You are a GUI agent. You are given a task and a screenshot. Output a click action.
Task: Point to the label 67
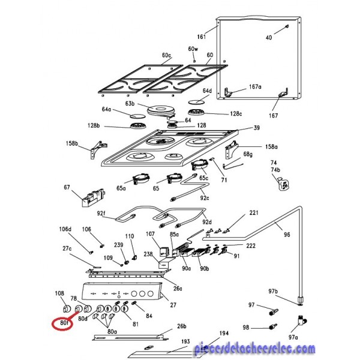pyautogui.click(x=67, y=188)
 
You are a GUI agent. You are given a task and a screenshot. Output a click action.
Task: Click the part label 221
pyautogui.click(x=254, y=213)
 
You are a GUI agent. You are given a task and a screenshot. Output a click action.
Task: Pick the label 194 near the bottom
pyautogui.click(x=223, y=333)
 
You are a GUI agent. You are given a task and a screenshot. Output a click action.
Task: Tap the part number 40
pyautogui.click(x=268, y=38)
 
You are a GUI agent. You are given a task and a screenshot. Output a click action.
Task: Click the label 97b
pyautogui.click(x=274, y=292)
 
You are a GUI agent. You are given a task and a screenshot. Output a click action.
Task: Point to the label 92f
pyautogui.click(x=101, y=213)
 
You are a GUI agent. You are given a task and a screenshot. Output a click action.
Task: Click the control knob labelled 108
pyautogui.click(x=67, y=309)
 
